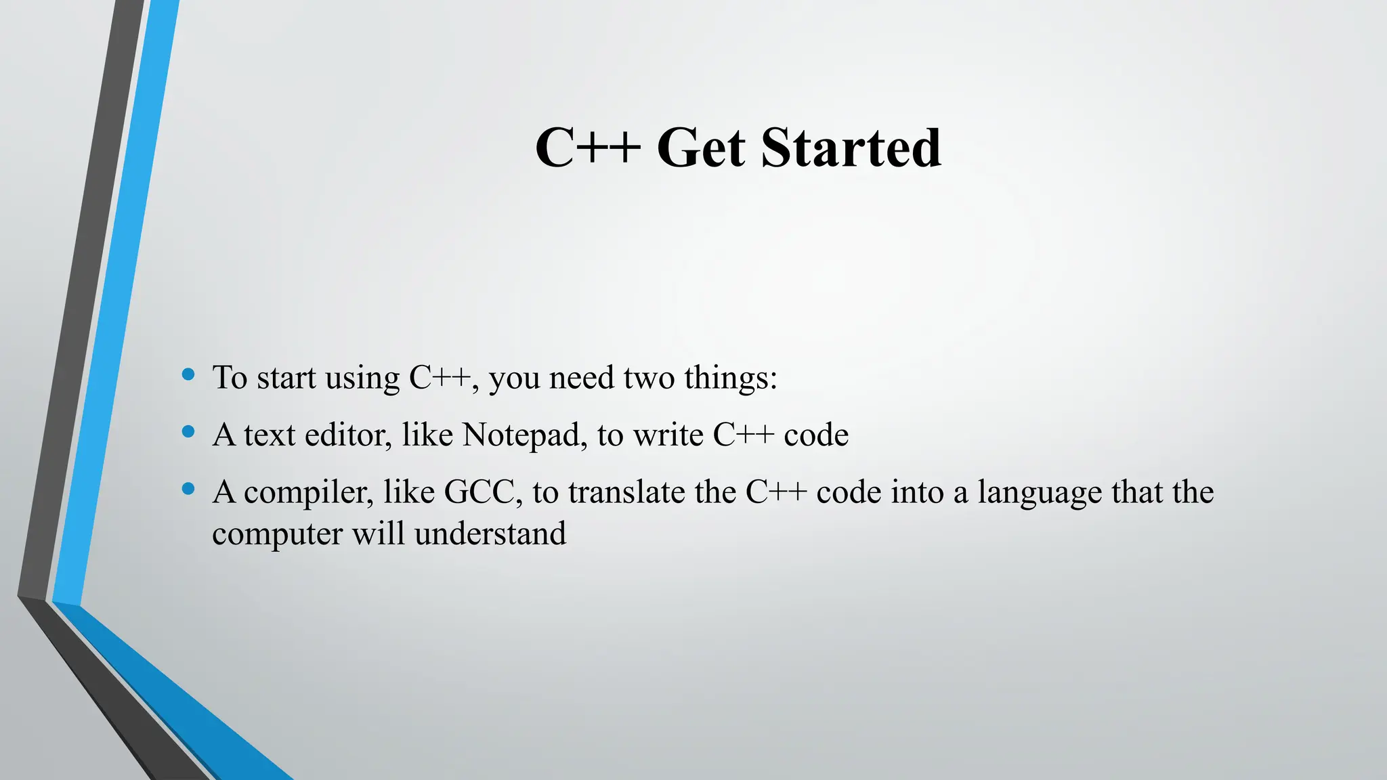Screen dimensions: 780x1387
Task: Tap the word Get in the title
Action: pos(701,148)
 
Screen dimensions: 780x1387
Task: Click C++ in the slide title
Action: pos(587,148)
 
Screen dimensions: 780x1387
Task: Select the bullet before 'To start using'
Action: pos(189,374)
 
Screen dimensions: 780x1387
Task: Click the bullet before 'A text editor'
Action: pos(189,431)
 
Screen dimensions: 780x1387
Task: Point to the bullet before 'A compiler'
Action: pos(189,488)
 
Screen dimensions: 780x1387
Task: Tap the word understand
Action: pos(490,534)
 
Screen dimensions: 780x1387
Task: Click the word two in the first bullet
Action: pos(649,378)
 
